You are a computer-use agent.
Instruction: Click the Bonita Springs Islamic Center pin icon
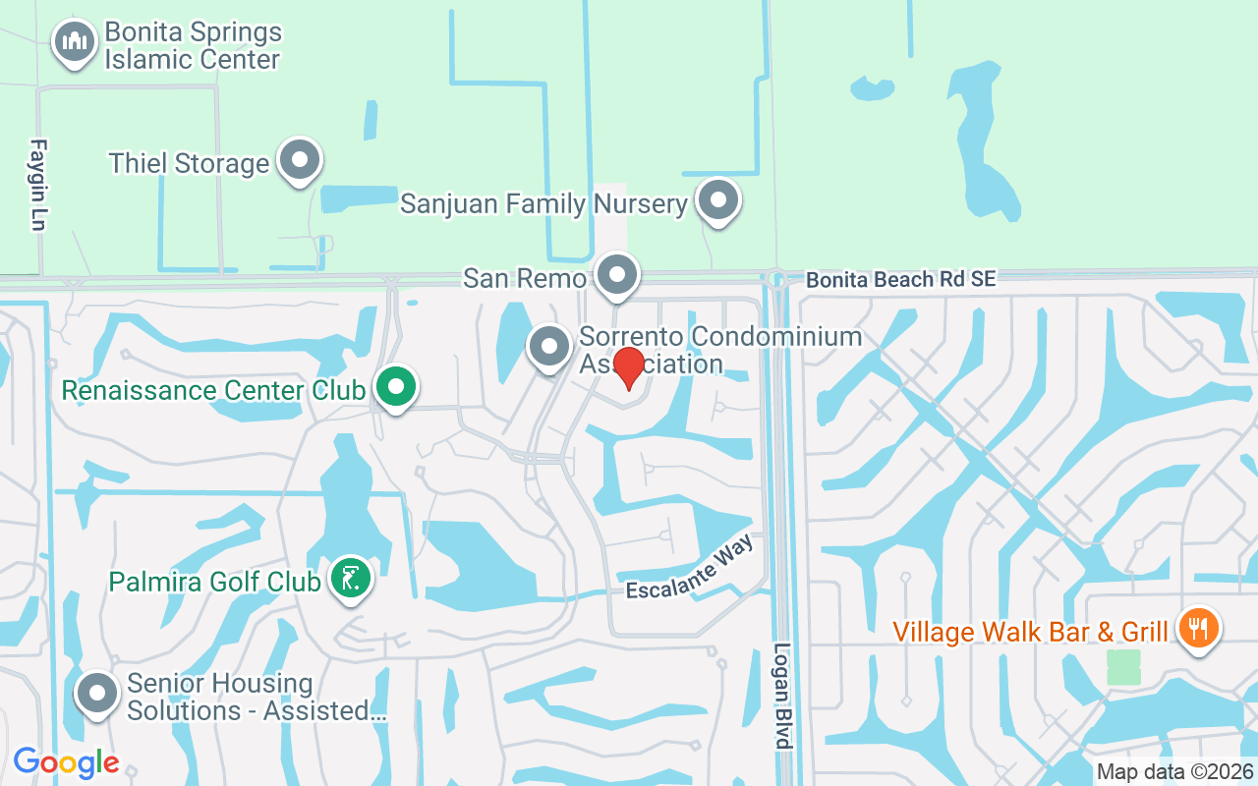(x=73, y=41)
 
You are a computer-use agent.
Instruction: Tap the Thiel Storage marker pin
(x=300, y=159)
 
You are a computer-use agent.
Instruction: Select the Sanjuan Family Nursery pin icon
(x=717, y=199)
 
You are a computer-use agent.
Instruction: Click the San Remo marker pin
(x=617, y=274)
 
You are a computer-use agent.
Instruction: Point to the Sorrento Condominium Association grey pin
(x=549, y=346)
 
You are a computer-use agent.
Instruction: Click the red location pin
(x=628, y=367)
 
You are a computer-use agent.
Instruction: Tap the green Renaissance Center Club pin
(x=396, y=387)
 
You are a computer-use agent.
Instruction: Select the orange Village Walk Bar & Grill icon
(x=1196, y=627)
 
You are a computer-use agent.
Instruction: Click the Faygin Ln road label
(x=38, y=185)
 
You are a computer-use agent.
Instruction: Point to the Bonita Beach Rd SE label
(x=900, y=280)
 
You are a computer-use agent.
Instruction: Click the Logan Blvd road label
(x=782, y=696)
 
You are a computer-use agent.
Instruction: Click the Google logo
(x=66, y=762)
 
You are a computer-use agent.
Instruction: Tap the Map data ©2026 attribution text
(x=1175, y=771)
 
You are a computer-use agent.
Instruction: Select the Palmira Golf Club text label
(x=214, y=582)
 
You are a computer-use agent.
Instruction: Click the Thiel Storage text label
(x=189, y=163)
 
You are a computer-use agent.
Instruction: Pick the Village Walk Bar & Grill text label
(x=1030, y=631)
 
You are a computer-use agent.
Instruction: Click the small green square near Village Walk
(x=1123, y=667)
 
